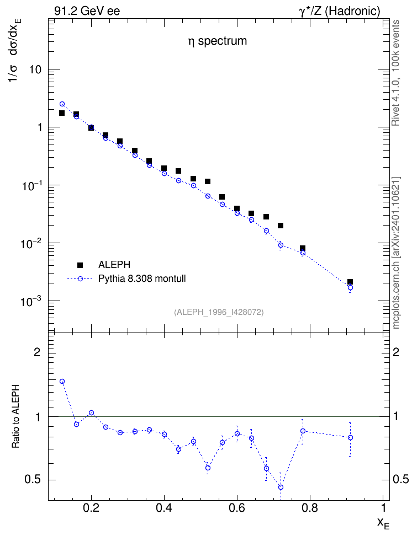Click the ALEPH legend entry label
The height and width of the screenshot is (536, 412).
[x=114, y=265]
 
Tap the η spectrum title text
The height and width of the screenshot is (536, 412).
[x=217, y=41]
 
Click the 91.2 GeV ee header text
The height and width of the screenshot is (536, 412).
[x=87, y=11]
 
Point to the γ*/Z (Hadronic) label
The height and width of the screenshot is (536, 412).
[x=340, y=11]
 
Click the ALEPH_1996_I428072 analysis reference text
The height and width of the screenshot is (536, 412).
[x=219, y=312]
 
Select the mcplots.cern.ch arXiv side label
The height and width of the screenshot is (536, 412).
[x=395, y=253]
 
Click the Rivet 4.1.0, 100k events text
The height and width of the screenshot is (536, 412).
[x=395, y=73]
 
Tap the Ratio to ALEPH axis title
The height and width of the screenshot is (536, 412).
[x=15, y=416]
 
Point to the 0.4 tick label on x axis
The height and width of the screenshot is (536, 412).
[x=164, y=508]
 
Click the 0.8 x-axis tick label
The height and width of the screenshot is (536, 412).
[x=310, y=508]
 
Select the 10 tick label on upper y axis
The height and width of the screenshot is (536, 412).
[x=35, y=69]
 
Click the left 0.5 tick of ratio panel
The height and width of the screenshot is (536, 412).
[x=32, y=480]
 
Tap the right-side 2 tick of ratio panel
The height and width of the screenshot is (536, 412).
[x=396, y=352]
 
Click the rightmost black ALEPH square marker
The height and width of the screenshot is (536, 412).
[x=350, y=282]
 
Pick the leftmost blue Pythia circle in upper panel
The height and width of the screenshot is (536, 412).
[x=62, y=104]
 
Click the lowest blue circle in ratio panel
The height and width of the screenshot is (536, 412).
[x=281, y=487]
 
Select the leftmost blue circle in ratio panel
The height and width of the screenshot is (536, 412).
[x=62, y=382]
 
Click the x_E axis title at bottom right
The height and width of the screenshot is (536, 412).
[x=383, y=523]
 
